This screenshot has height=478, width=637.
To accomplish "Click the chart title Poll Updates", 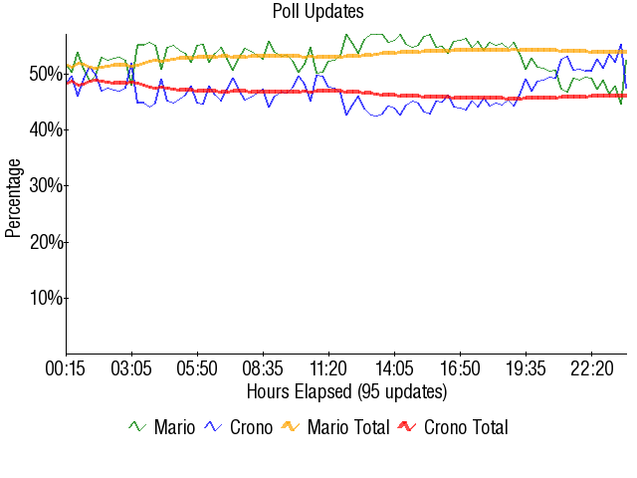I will [x=318, y=12].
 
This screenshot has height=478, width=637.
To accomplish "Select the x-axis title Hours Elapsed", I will [x=346, y=390].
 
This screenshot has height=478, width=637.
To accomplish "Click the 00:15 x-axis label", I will [x=67, y=368].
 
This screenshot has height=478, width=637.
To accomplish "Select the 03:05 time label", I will [x=132, y=368].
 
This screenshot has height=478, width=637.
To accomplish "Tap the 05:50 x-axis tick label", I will [x=198, y=368].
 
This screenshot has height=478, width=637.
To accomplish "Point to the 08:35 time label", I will [x=264, y=368].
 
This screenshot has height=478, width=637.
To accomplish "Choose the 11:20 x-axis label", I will [x=329, y=368].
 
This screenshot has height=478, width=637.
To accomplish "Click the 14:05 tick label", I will [x=395, y=368].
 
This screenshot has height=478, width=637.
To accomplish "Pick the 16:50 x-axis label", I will [x=461, y=368].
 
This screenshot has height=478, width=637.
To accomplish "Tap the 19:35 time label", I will [x=527, y=368].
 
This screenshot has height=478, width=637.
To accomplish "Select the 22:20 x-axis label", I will [x=592, y=368].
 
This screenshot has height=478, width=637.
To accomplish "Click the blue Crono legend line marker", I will [x=213, y=427].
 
